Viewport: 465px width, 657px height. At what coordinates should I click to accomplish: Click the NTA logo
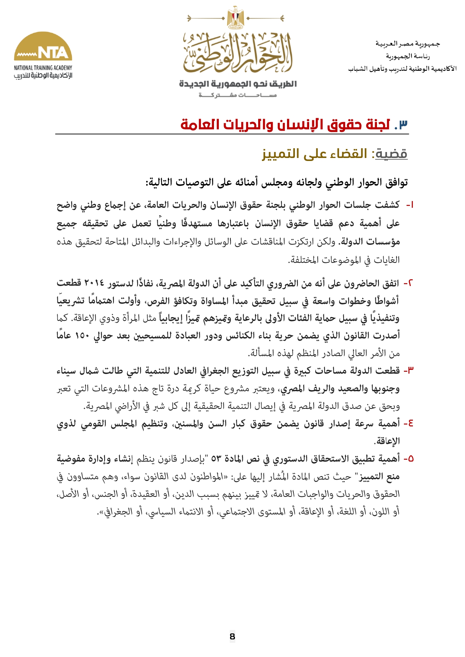[x=43, y=47]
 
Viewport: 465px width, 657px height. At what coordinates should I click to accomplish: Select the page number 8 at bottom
[x=232, y=636]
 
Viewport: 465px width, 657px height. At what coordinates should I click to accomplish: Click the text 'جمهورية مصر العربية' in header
[x=408, y=44]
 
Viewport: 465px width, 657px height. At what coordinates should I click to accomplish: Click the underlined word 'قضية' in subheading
[x=391, y=154]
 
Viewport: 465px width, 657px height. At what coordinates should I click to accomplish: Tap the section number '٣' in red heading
[x=403, y=124]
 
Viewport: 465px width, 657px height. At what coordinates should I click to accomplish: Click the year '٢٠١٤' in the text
[x=94, y=283]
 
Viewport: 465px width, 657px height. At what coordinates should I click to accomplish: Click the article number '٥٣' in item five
[x=216, y=459]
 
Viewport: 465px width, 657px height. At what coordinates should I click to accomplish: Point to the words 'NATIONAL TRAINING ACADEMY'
[x=43, y=68]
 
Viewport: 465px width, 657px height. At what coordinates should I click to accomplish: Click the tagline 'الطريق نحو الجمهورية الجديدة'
[x=238, y=84]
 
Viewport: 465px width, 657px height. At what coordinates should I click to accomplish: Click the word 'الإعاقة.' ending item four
[x=387, y=441]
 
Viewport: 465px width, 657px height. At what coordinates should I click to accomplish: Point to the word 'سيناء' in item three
[x=67, y=371]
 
